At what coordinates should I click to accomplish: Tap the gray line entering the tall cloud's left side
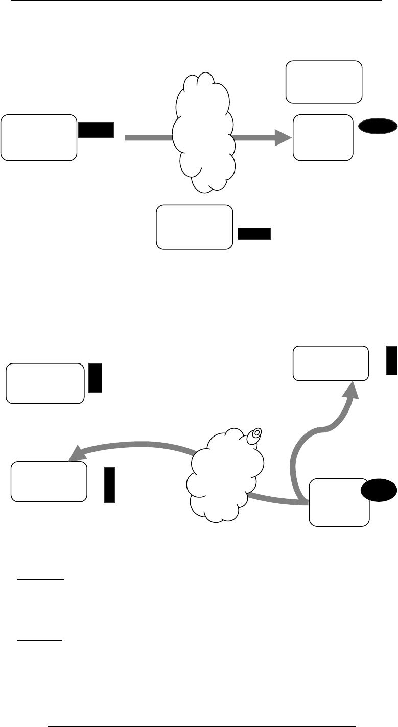pos(148,137)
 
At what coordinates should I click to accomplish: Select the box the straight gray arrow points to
pos(323,138)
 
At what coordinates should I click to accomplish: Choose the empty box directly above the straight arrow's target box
pos(324,82)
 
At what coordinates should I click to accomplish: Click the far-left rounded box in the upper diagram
pos(39,138)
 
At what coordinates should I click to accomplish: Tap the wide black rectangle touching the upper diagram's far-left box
pos(96,130)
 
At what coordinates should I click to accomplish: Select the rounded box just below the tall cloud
pos(194,227)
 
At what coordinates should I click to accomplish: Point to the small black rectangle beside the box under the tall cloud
pos(254,234)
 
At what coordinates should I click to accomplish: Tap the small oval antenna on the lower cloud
pos(255,434)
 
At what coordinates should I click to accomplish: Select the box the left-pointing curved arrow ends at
pos(49,481)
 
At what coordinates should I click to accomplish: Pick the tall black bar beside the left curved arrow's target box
pos(109,483)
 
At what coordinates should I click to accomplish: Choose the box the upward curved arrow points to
pos(331,363)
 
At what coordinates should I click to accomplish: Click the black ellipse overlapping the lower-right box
pos(379,491)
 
